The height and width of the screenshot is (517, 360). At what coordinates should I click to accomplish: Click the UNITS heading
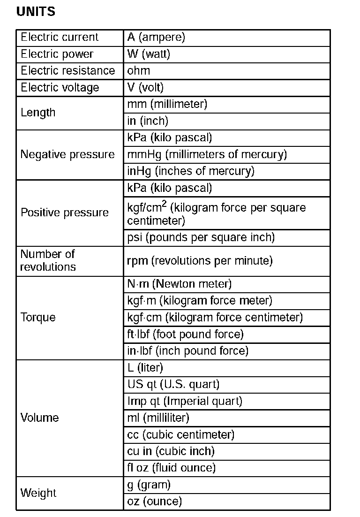pos(36,12)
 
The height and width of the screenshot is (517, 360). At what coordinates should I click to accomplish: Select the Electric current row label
pos(60,38)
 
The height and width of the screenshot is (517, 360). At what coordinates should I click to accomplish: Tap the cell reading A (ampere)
pos(156,38)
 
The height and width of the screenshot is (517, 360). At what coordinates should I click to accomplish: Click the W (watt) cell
pos(149,54)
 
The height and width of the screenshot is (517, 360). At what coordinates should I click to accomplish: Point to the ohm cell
pos(139,71)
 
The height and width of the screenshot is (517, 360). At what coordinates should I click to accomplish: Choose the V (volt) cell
pos(145,88)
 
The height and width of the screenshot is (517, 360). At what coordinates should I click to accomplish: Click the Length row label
pos(38,113)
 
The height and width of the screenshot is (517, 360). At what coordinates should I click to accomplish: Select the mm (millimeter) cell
pos(167,104)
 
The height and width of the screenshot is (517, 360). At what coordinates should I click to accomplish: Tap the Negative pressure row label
pos(67,155)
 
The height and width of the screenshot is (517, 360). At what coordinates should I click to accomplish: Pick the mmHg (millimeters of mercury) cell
pos(207,154)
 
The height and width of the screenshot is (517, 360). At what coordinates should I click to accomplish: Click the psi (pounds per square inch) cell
pos(201,237)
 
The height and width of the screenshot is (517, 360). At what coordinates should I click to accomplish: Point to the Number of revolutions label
pos(48,260)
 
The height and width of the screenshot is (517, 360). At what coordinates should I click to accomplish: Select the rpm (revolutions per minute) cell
pos(200,261)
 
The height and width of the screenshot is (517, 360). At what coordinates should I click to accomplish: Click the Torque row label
pos(38,317)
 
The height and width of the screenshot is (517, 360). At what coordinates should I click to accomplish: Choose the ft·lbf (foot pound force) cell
pos(185,335)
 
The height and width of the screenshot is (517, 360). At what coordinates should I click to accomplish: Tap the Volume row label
pos(40,418)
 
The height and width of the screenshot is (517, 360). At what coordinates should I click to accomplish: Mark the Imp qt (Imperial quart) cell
pos(185,402)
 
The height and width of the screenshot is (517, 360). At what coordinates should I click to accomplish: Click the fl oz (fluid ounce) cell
pos(171,468)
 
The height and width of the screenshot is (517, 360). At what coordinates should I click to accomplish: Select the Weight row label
pos(38,493)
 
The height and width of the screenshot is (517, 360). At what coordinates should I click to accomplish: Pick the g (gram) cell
pos(149,485)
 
